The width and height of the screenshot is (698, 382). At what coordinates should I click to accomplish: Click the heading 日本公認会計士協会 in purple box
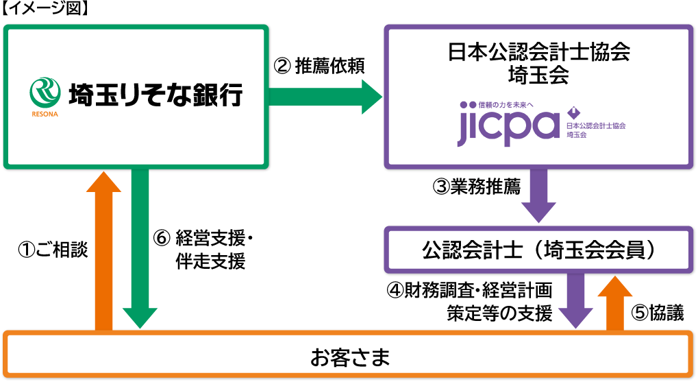click(538, 52)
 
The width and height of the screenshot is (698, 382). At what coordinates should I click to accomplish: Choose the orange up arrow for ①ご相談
click(104, 250)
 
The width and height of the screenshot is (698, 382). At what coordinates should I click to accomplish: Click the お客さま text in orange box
click(349, 357)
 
